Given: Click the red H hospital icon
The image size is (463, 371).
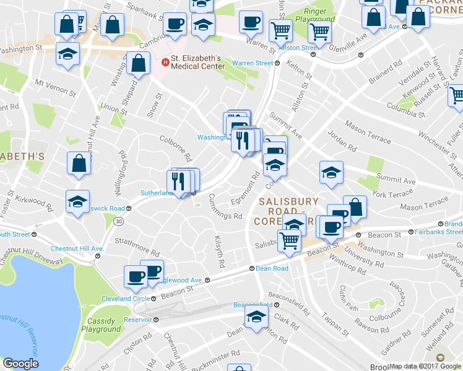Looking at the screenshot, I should [x=165, y=62].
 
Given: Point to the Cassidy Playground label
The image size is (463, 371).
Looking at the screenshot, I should [x=101, y=325].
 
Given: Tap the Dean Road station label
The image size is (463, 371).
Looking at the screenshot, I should [x=272, y=268].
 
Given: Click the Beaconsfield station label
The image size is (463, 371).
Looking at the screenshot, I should [x=253, y=305].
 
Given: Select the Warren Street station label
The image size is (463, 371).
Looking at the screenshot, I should [x=253, y=63].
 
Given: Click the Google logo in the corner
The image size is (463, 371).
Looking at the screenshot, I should [x=20, y=364].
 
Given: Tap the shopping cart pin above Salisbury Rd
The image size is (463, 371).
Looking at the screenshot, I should [x=290, y=239].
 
